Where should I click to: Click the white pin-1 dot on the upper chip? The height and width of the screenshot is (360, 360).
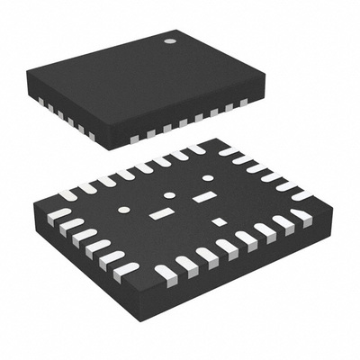168,41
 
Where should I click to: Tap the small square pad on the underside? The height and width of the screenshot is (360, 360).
218,221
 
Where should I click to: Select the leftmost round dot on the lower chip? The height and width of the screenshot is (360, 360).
124,210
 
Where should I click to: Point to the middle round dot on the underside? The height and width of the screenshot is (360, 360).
168,195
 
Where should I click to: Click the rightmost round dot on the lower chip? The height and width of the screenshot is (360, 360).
208,178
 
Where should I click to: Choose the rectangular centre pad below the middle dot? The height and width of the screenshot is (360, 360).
162,214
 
